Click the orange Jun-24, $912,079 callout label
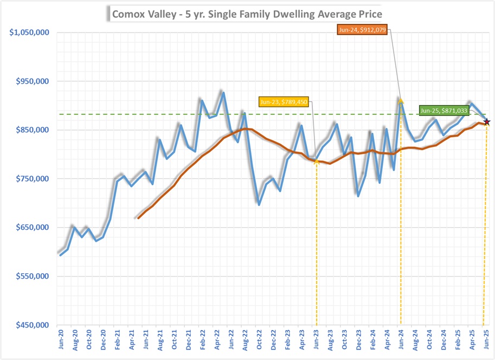coord(362,30)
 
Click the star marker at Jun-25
coord(486,122)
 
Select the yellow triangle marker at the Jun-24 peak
coord(401,100)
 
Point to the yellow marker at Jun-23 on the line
coord(316,160)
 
